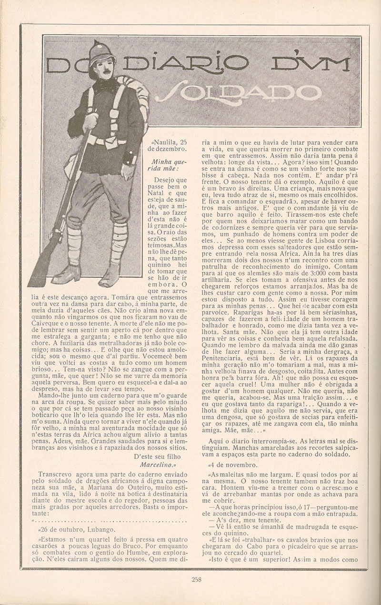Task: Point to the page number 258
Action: (196, 579)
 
